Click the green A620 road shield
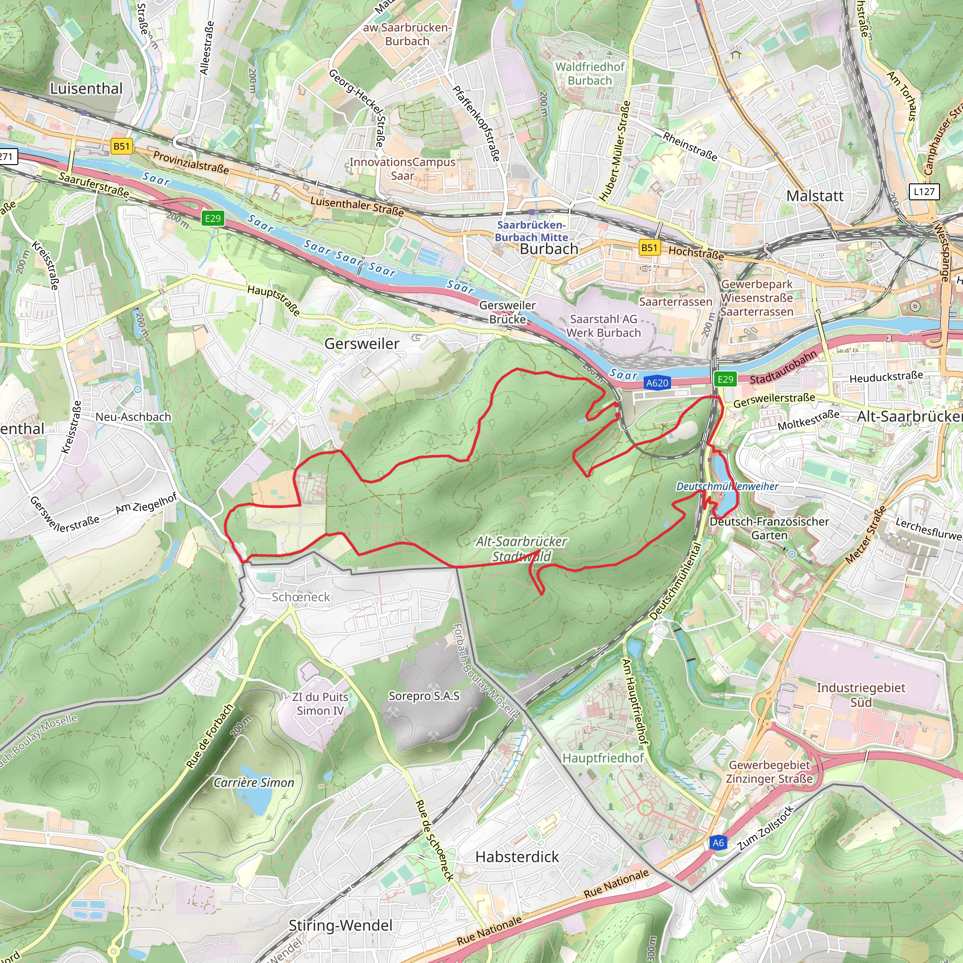pos(657,383)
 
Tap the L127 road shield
pos(924,191)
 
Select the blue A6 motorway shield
pos(718,843)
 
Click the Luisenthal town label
pos(86,89)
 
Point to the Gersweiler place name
pos(362,343)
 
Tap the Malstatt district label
pos(815,196)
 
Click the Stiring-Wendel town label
pos(340,925)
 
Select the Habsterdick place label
pos(517,857)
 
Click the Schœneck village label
pos(300,597)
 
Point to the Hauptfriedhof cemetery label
pos(603,758)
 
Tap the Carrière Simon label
pos(254,782)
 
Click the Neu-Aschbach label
pos(133,417)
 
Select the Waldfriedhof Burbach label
pos(590,73)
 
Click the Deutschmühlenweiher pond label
pos(727,486)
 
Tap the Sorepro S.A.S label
pos(424,696)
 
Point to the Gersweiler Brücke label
pos(507,312)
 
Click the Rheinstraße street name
pos(690,147)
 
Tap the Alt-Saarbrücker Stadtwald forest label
pos(521,549)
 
